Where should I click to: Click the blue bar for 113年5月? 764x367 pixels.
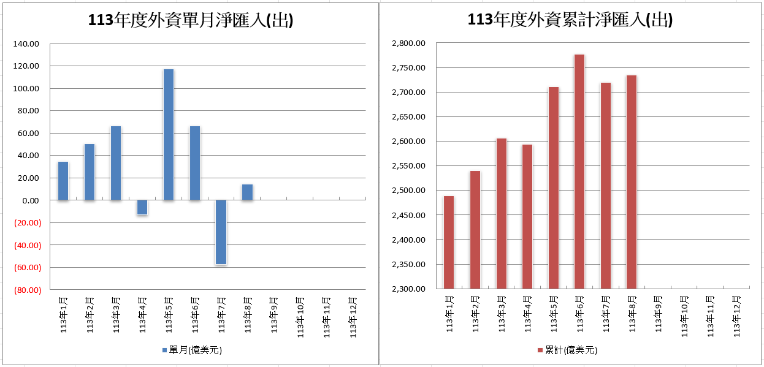pos(169,135)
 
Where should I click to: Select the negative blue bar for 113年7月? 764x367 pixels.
pos(221,232)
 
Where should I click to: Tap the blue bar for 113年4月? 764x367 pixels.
pos(142,208)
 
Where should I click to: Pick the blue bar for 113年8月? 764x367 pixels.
pos(247,192)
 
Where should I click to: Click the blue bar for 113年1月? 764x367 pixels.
pos(63,181)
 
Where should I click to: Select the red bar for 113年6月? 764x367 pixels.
pos(579,172)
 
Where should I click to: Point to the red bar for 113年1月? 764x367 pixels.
pos(449,242)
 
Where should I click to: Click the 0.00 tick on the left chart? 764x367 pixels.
pos(29,200)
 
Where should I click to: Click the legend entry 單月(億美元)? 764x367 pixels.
pos(191,350)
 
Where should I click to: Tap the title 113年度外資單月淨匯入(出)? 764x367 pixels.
pos(191,21)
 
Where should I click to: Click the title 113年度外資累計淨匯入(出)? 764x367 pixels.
pos(570,20)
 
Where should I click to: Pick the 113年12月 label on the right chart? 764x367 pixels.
pos(738,315)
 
